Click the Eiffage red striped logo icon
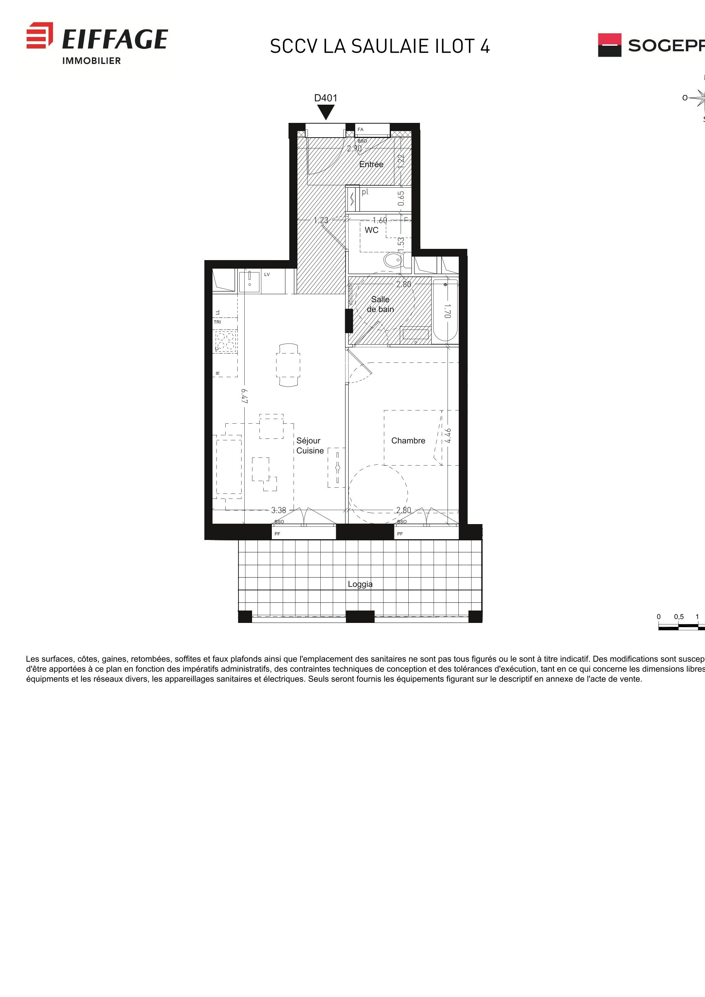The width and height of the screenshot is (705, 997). [x=40, y=35]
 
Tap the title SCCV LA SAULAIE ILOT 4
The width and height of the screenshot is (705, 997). [x=380, y=47]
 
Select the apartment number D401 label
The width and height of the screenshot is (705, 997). [x=326, y=98]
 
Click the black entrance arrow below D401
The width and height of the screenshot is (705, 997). [x=326, y=112]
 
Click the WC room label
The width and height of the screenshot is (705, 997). [x=372, y=230]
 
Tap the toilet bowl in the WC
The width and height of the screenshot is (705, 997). [x=394, y=260]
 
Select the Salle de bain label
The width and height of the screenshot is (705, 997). [x=380, y=304]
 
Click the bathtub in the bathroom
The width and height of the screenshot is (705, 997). [x=445, y=310]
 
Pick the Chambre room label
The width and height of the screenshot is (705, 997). [x=408, y=441]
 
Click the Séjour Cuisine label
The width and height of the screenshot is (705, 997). [x=310, y=446]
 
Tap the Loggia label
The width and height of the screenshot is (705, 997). [x=360, y=585]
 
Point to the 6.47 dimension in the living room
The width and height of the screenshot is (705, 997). [x=245, y=396]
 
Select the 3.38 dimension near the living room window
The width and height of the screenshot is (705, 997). [x=278, y=510]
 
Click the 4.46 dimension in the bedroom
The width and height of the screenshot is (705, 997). [x=448, y=436]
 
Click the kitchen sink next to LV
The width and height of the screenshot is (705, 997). [x=250, y=282]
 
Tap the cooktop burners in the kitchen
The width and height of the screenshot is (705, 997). [x=225, y=341]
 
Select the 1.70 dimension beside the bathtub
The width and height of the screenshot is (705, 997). [x=448, y=311]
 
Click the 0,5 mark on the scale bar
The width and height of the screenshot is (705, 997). [x=679, y=617]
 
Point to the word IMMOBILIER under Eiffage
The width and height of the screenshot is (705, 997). [x=91, y=61]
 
